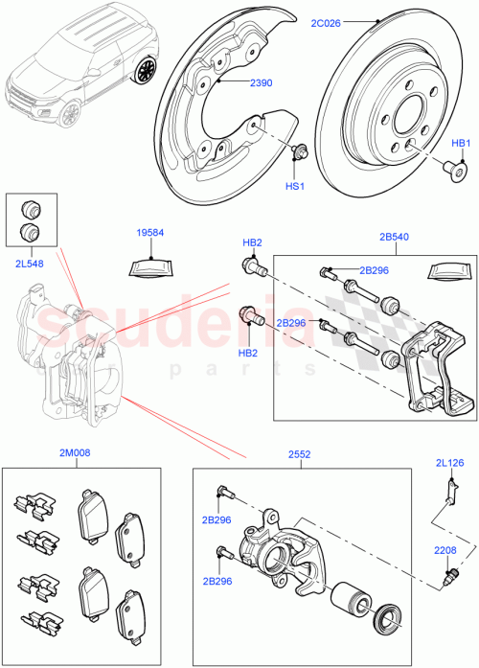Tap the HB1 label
pyautogui.click(x=461, y=143)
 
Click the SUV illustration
pyautogui.click(x=81, y=67)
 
